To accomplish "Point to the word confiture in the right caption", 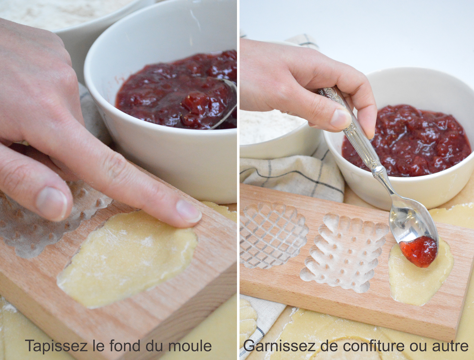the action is point(375,346).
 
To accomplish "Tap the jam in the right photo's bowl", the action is point(406,140).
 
